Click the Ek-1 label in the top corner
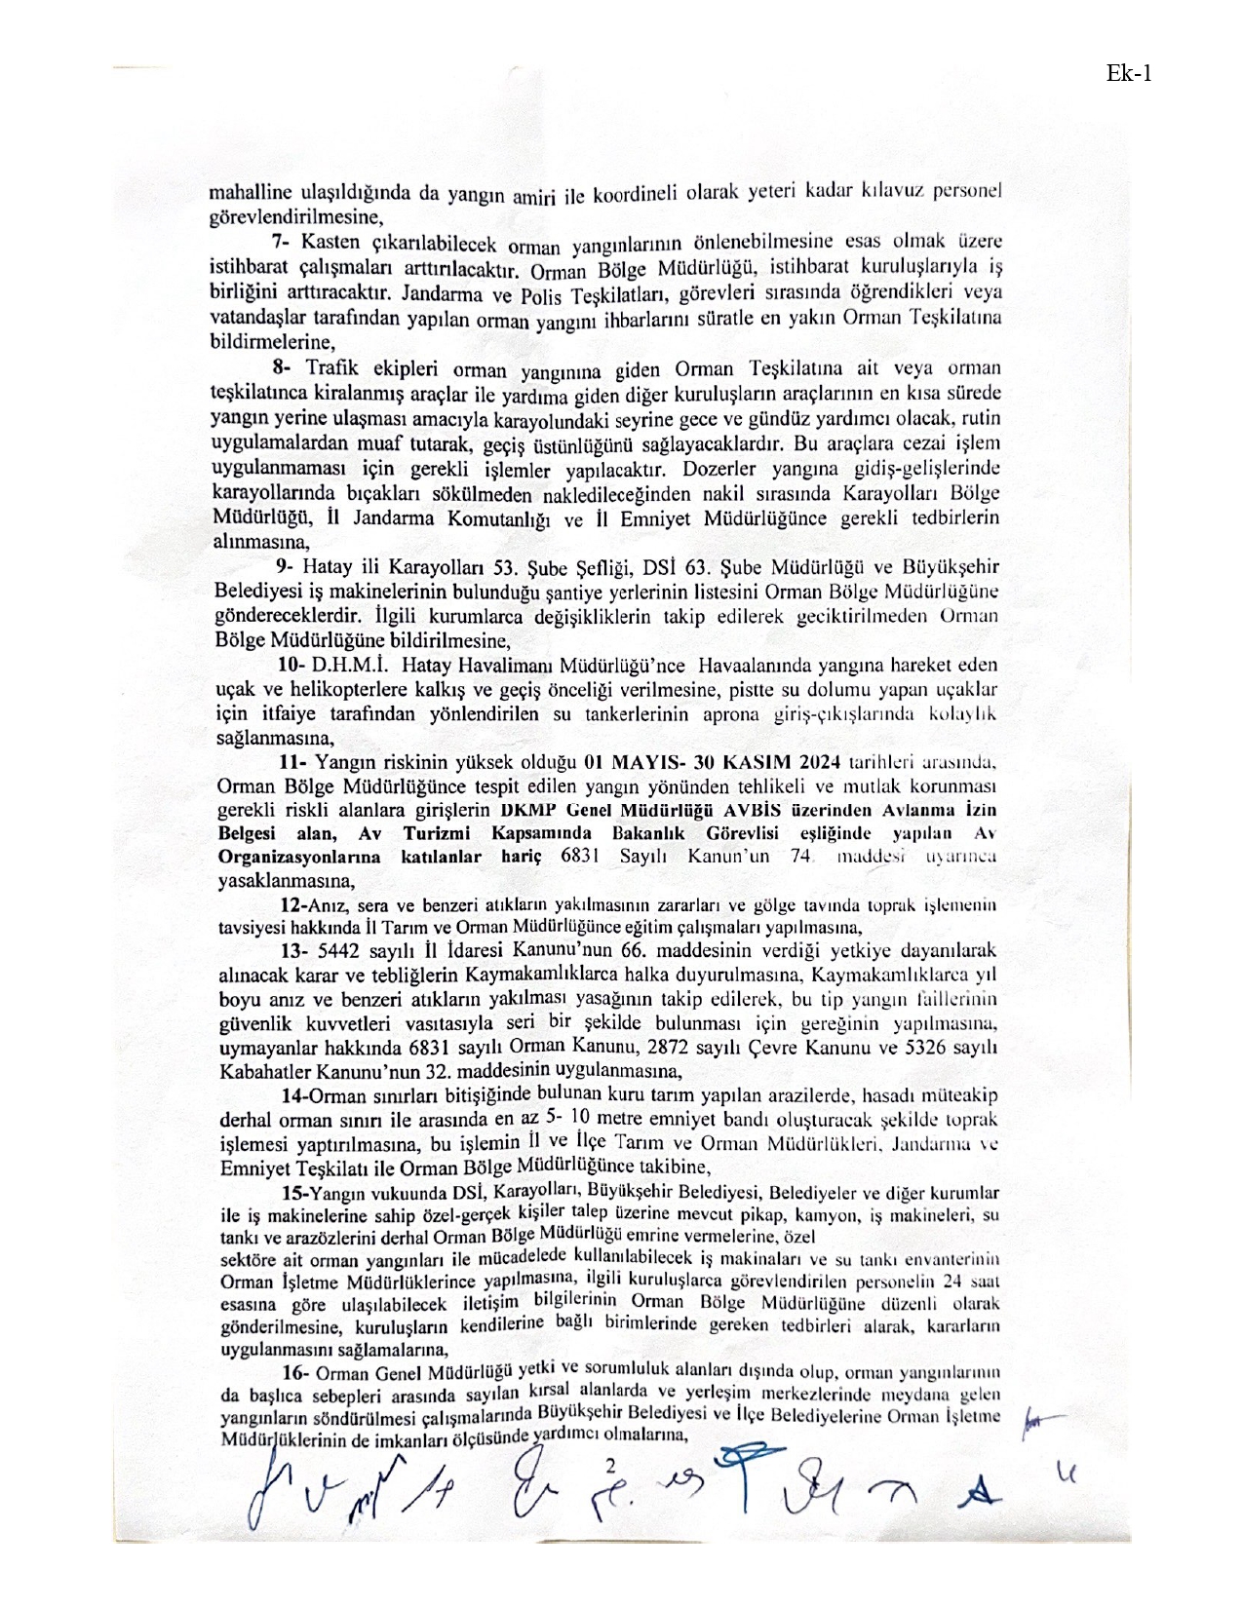click(x=1129, y=73)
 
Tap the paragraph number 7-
click(x=283, y=240)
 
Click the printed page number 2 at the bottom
click(x=611, y=1465)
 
